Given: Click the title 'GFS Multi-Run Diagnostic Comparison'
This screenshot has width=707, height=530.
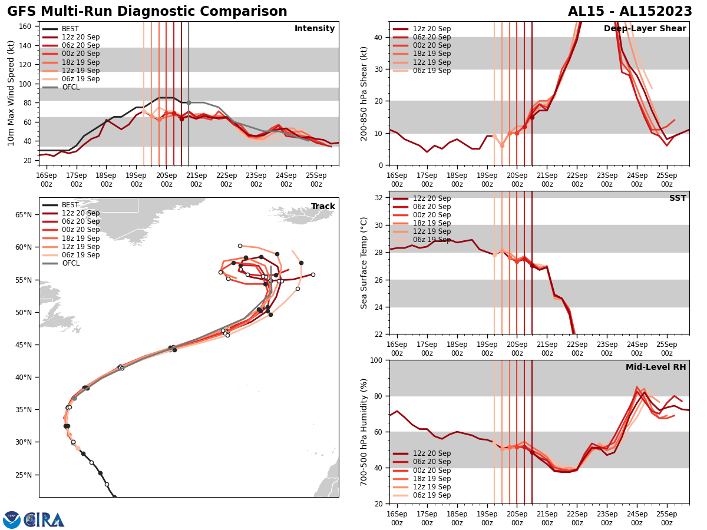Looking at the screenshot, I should point(147,12).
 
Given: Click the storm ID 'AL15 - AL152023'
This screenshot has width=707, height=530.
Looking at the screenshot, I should point(630,12).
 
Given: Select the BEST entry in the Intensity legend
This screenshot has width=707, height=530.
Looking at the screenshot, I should point(70,29).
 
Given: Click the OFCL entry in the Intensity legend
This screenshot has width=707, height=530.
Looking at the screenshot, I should point(70,87).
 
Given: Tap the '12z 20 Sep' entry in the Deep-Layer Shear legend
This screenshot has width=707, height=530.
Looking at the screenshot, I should point(432,29).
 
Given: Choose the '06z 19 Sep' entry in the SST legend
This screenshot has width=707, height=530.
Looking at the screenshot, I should point(432,240).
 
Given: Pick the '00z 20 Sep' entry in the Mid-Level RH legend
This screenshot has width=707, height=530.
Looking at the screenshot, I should point(432,470).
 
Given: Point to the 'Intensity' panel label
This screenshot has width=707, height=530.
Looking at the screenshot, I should point(315,29).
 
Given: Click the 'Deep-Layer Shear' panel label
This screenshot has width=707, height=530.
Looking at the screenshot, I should point(645,29).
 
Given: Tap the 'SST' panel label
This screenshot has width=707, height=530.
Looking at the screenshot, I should point(678,198).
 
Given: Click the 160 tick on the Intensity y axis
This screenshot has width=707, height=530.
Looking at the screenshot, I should point(26,26).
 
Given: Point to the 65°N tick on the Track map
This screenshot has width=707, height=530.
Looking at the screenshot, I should point(24,214).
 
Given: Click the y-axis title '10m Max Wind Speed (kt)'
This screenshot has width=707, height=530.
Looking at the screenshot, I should point(11,93).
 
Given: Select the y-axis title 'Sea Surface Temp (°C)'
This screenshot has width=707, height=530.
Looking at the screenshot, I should point(364,263).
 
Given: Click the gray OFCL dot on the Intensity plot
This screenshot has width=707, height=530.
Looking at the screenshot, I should point(189,102).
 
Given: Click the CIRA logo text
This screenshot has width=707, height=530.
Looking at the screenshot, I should point(44,520).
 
